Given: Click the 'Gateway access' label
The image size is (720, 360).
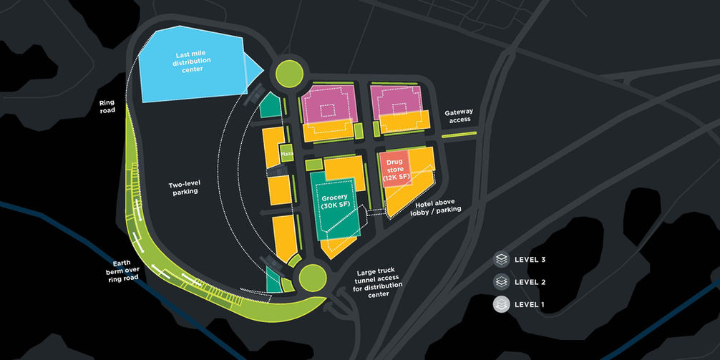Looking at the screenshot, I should click(458, 116).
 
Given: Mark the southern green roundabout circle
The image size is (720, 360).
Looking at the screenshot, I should click(312, 276).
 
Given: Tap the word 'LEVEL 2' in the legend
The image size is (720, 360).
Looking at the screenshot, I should click(530, 282).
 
